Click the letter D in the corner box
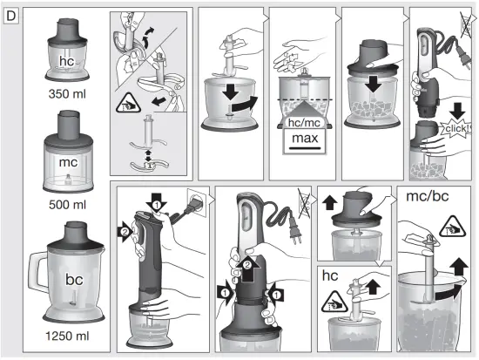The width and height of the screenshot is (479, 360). point(11,16)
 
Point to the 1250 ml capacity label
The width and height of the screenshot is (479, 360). point(67,334)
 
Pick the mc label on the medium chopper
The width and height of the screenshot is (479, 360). point(69,162)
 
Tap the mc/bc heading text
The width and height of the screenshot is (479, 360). point(428,197)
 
